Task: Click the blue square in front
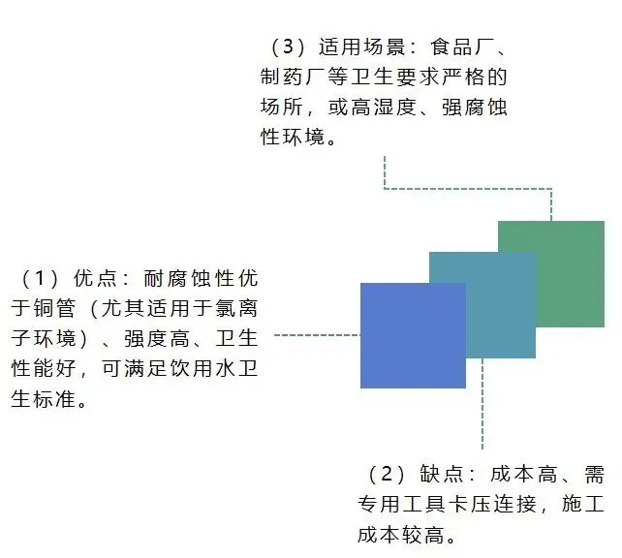tap(412, 335)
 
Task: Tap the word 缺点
tap(441, 475)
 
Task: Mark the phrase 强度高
tap(151, 339)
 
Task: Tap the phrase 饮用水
tap(171, 369)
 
